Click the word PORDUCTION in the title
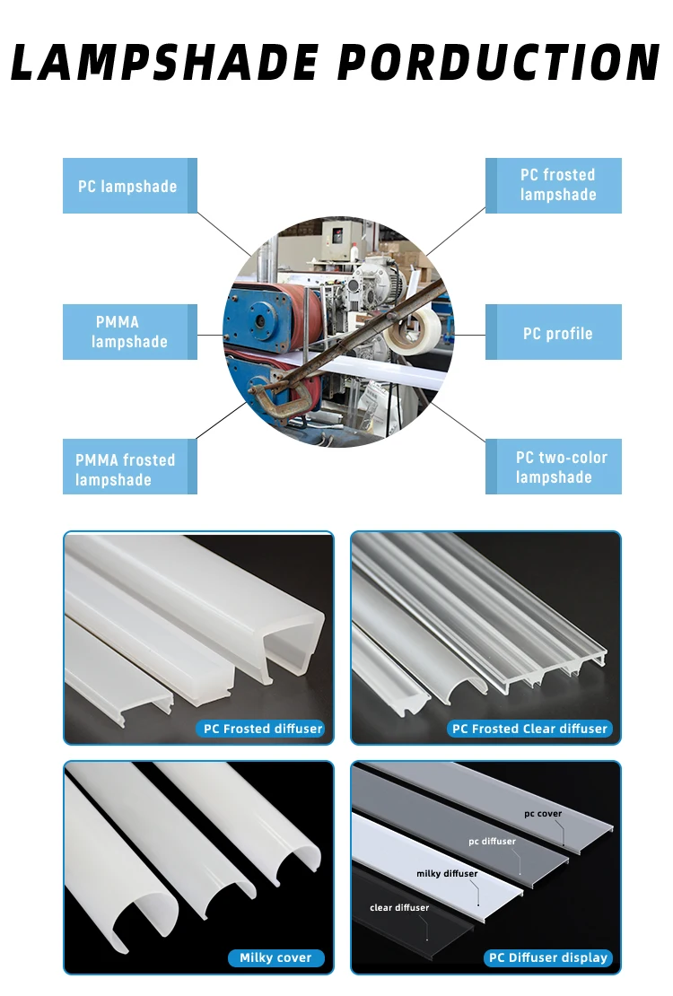502,62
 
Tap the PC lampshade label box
129,186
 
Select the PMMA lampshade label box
129,332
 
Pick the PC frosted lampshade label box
554,186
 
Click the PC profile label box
554,332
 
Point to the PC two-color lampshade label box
554,467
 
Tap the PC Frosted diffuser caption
262,729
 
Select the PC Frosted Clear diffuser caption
529,729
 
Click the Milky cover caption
275,957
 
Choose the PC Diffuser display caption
547,957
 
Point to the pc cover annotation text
543,814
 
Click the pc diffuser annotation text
492,842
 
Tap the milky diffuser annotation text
447,873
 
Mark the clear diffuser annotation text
399,907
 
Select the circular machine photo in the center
337,332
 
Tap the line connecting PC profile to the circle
468,334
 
